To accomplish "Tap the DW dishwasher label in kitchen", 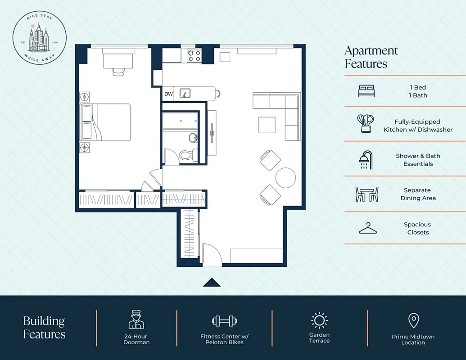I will coord(168,94).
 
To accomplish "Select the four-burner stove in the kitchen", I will coord(195,55).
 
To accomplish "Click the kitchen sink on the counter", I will coord(185,93).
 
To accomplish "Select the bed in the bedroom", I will coord(105,122).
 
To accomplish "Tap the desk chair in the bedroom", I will coord(118,72).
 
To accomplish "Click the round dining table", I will coord(285,177).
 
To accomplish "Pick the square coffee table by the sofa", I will coord(267,125).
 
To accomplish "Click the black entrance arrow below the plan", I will coord(212,282).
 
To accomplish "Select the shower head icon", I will coord(366,160).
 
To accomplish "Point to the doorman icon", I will coord(136,319).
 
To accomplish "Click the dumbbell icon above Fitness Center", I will coord(224,321).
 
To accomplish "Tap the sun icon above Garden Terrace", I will coord(319,320).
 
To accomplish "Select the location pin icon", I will coord(413,321).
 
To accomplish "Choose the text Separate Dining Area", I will coord(418,194).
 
